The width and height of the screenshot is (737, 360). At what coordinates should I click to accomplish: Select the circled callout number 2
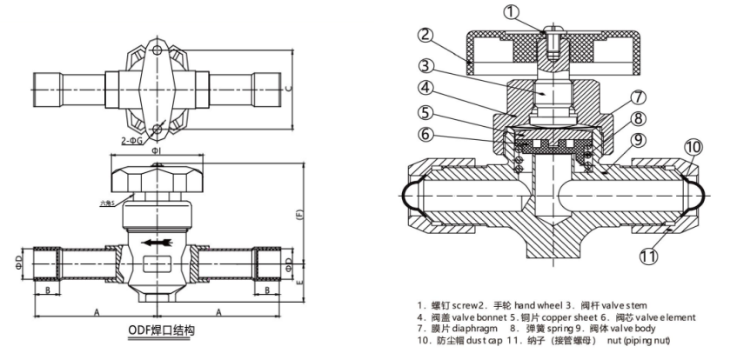(424, 36)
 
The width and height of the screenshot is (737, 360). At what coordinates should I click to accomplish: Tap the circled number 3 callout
(424, 64)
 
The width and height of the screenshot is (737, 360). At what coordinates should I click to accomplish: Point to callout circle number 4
(424, 88)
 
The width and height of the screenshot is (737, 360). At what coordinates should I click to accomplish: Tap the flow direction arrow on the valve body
(157, 243)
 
